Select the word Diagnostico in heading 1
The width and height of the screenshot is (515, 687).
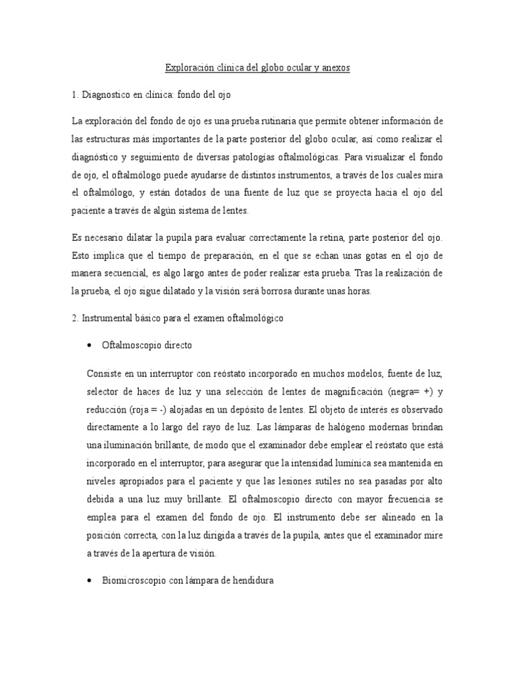click(107, 95)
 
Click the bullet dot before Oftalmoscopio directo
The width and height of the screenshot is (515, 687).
click(90, 345)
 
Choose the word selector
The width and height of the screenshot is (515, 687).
click(103, 391)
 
